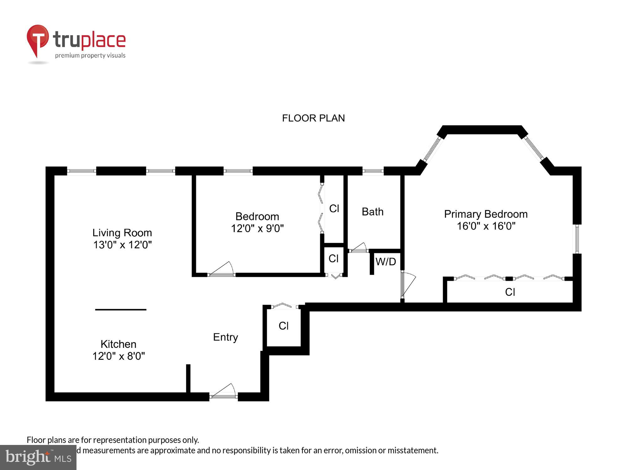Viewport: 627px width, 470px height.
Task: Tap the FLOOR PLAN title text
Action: point(313,118)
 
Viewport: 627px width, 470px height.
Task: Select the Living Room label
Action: point(122,233)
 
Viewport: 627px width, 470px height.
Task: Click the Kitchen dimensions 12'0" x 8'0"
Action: point(119,356)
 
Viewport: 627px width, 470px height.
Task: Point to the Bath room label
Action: point(372,212)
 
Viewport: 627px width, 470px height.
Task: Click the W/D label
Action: point(386,262)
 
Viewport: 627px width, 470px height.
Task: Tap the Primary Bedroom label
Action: point(486,214)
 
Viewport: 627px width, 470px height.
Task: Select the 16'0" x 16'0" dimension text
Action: point(486,226)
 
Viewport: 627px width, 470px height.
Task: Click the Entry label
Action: point(225,337)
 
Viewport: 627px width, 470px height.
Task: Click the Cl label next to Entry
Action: point(283,326)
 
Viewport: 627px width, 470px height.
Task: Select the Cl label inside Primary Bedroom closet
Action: point(510,292)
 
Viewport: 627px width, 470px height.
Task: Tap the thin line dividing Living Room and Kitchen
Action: point(121,310)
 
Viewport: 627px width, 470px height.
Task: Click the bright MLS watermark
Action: point(38,457)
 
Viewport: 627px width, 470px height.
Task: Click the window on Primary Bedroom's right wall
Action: point(577,239)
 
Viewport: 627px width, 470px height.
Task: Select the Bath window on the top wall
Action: point(373,171)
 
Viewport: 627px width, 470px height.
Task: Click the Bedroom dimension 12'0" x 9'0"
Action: point(257,229)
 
